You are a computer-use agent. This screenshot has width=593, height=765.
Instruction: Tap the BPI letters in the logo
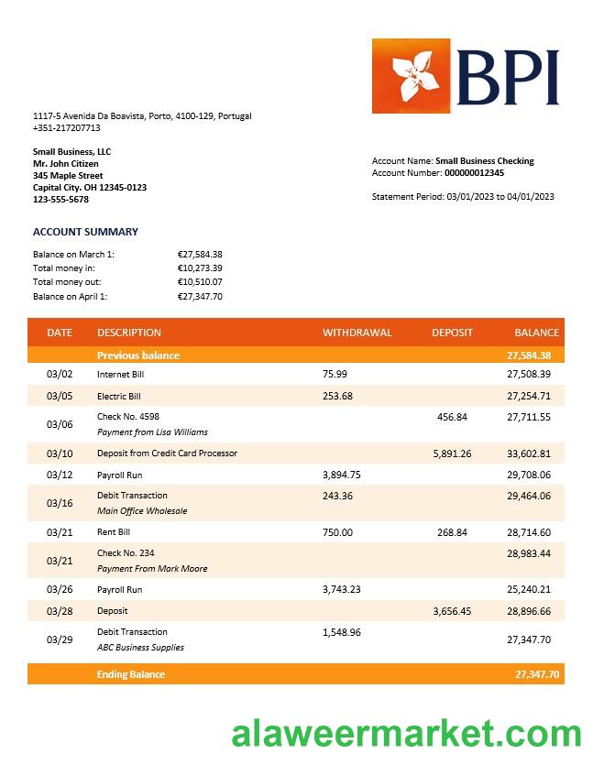click(x=507, y=77)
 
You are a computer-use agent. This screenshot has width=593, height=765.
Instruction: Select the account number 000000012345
click(x=474, y=173)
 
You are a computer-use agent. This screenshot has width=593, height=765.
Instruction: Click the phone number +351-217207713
click(x=67, y=128)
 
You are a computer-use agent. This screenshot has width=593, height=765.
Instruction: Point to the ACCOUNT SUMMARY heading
click(x=85, y=232)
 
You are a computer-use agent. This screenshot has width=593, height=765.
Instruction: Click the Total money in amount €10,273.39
click(x=200, y=268)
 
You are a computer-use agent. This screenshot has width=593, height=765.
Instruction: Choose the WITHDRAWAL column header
click(x=357, y=333)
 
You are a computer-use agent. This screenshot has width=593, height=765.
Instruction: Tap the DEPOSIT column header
click(x=452, y=333)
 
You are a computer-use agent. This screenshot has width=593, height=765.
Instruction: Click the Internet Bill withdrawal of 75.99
click(x=335, y=374)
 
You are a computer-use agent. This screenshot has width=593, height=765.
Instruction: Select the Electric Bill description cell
click(x=119, y=397)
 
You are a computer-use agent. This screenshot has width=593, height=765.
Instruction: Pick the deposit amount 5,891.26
click(x=452, y=454)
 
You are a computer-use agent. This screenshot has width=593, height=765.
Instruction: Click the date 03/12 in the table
click(x=60, y=475)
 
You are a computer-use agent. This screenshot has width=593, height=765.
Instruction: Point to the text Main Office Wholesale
click(x=142, y=511)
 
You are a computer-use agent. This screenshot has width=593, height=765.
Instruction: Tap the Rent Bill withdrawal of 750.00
click(x=337, y=532)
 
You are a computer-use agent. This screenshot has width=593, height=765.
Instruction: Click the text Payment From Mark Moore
click(x=152, y=569)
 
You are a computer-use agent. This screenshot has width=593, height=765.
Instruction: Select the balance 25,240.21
click(x=529, y=590)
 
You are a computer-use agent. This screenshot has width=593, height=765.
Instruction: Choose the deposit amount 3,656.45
click(x=452, y=611)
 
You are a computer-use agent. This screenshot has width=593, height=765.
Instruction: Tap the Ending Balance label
click(x=131, y=674)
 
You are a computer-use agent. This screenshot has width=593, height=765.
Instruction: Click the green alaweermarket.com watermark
click(x=406, y=735)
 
